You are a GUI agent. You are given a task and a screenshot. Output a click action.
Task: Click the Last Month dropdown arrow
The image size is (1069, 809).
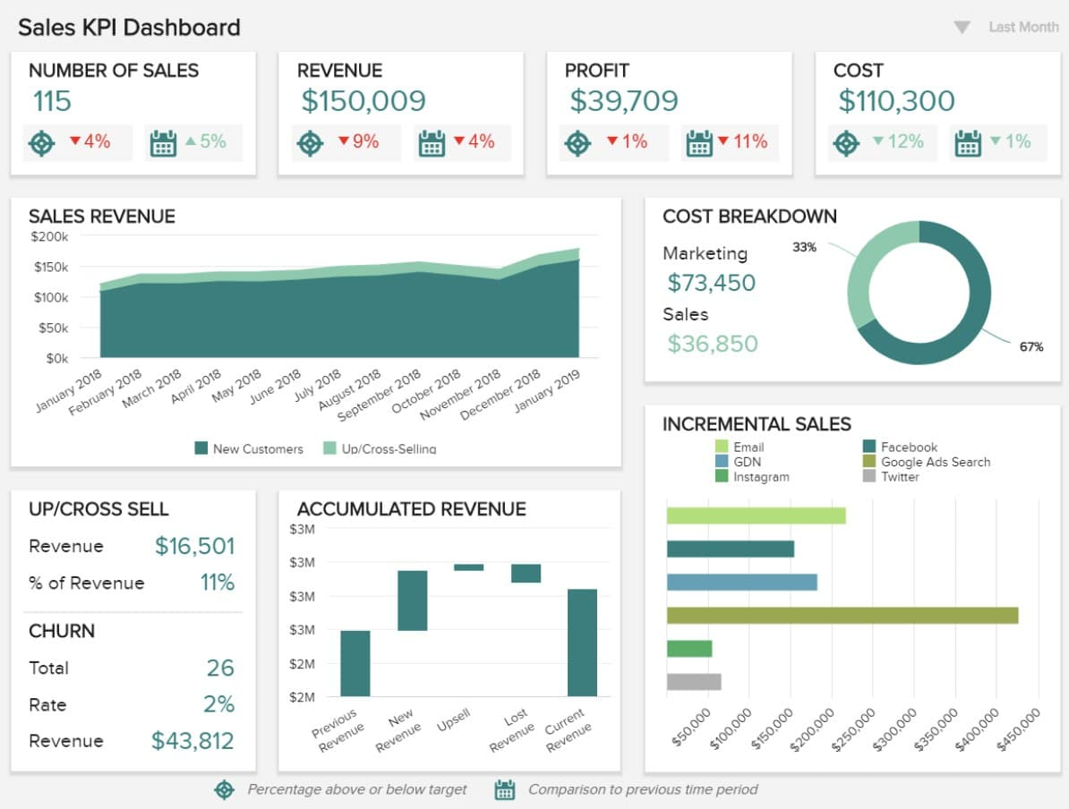tap(962, 28)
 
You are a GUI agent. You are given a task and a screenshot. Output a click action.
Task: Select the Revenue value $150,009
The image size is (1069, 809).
tap(363, 101)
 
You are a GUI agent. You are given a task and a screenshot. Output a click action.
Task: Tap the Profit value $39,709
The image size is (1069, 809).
tap(623, 101)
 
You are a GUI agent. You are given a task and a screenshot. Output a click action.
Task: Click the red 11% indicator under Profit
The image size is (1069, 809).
tap(742, 141)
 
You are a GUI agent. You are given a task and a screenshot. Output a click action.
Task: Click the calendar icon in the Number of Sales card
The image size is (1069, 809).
tap(163, 142)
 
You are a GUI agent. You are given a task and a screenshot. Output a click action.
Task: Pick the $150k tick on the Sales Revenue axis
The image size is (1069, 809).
tap(51, 267)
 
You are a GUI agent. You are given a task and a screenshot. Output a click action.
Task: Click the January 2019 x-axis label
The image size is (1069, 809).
tap(548, 391)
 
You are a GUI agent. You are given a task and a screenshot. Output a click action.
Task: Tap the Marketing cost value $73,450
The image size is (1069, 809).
tap(711, 283)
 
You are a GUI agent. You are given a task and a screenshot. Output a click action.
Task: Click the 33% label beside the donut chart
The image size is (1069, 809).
tap(804, 247)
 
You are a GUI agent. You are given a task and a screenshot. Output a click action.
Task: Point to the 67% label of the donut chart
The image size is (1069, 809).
tap(1031, 346)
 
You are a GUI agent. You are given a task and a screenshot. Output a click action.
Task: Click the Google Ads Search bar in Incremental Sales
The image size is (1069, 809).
tap(842, 615)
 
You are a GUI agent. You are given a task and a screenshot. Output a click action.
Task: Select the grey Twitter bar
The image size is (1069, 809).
tap(694, 682)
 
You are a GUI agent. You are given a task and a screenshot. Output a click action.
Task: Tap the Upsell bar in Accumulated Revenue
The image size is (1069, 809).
tap(468, 566)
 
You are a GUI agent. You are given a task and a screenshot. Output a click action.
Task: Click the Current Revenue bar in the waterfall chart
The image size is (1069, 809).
tap(582, 643)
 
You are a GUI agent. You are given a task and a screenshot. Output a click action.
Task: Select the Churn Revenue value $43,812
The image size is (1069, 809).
tap(192, 741)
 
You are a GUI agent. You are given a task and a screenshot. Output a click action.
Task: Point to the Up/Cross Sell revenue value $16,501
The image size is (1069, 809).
tap(194, 546)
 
